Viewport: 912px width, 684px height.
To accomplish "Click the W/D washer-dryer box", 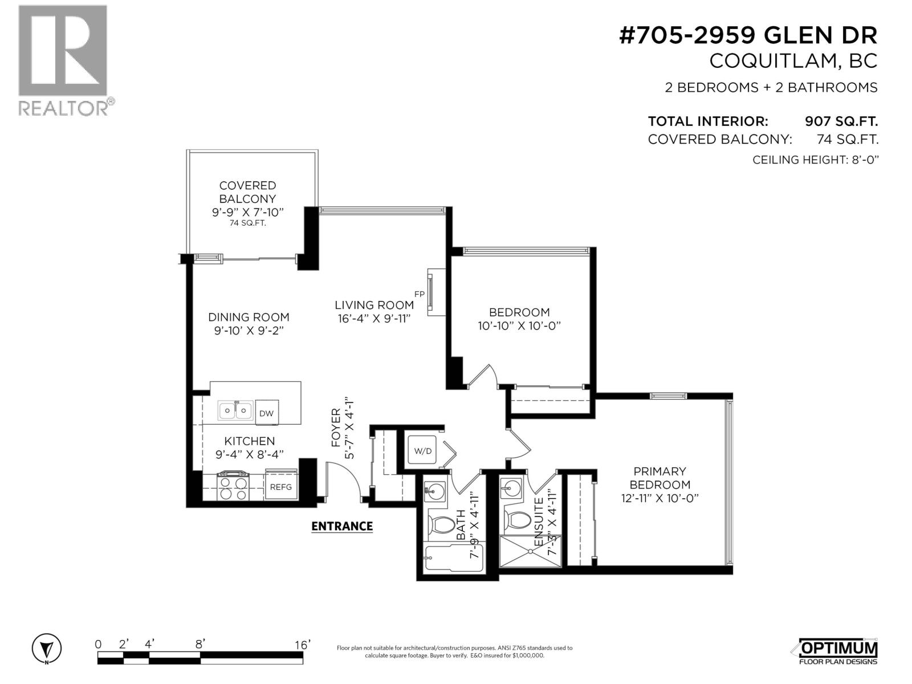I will (x=423, y=451).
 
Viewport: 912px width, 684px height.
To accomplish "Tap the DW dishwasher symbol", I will (x=266, y=413).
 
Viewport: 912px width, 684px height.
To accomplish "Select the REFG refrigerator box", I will (x=280, y=486).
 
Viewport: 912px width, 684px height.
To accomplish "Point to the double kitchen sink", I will (x=236, y=410).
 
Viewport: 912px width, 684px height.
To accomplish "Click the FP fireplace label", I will (x=420, y=294).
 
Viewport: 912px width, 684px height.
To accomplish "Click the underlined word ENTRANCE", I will (x=342, y=526).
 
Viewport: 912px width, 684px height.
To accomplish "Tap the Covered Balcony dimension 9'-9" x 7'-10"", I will (x=248, y=212).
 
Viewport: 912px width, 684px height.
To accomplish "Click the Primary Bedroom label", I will (x=660, y=478).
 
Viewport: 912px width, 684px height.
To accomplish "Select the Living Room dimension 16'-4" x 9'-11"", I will (x=374, y=319).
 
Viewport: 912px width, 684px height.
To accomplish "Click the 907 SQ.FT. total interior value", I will (x=841, y=121).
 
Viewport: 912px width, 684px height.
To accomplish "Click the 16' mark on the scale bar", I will (x=302, y=645).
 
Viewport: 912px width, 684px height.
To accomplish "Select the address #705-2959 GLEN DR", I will (x=748, y=36).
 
